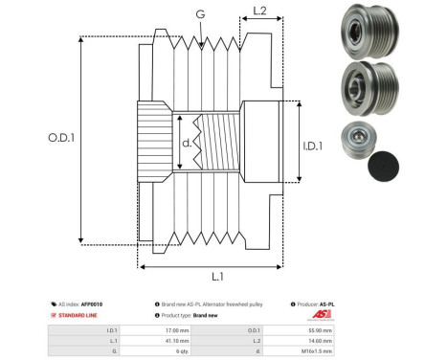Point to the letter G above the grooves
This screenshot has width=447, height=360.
pyautogui.click(x=199, y=14)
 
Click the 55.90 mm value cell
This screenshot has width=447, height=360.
pyautogui.click(x=321, y=328)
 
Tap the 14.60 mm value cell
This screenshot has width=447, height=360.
pyautogui.click(x=321, y=339)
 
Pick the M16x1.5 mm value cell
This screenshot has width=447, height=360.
pyautogui.click(x=319, y=350)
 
